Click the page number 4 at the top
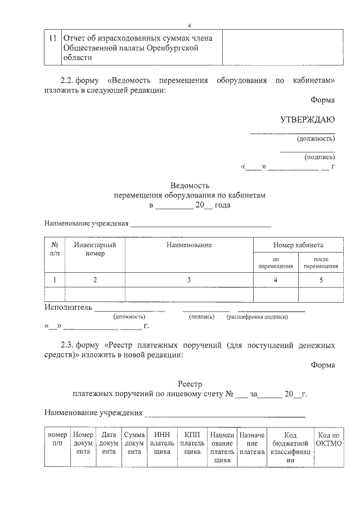pyautogui.click(x=190, y=25)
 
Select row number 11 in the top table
pyautogui.click(x=52, y=38)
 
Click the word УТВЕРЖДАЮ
pyautogui.click(x=308, y=120)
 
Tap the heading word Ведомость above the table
pyautogui.click(x=190, y=185)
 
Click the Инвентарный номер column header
pyautogui.click(x=95, y=249)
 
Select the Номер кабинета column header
pyautogui.click(x=298, y=245)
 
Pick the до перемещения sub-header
pyautogui.click(x=276, y=263)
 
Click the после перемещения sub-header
pyautogui.click(x=321, y=263)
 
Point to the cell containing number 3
pyautogui.click(x=189, y=280)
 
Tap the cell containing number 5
pyautogui.click(x=321, y=280)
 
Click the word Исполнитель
pyautogui.click(x=67, y=308)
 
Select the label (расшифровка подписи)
pyautogui.click(x=257, y=317)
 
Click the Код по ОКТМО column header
pyautogui.click(x=328, y=439)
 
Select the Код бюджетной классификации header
pyautogui.click(x=290, y=447)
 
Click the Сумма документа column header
pyautogui.click(x=134, y=443)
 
